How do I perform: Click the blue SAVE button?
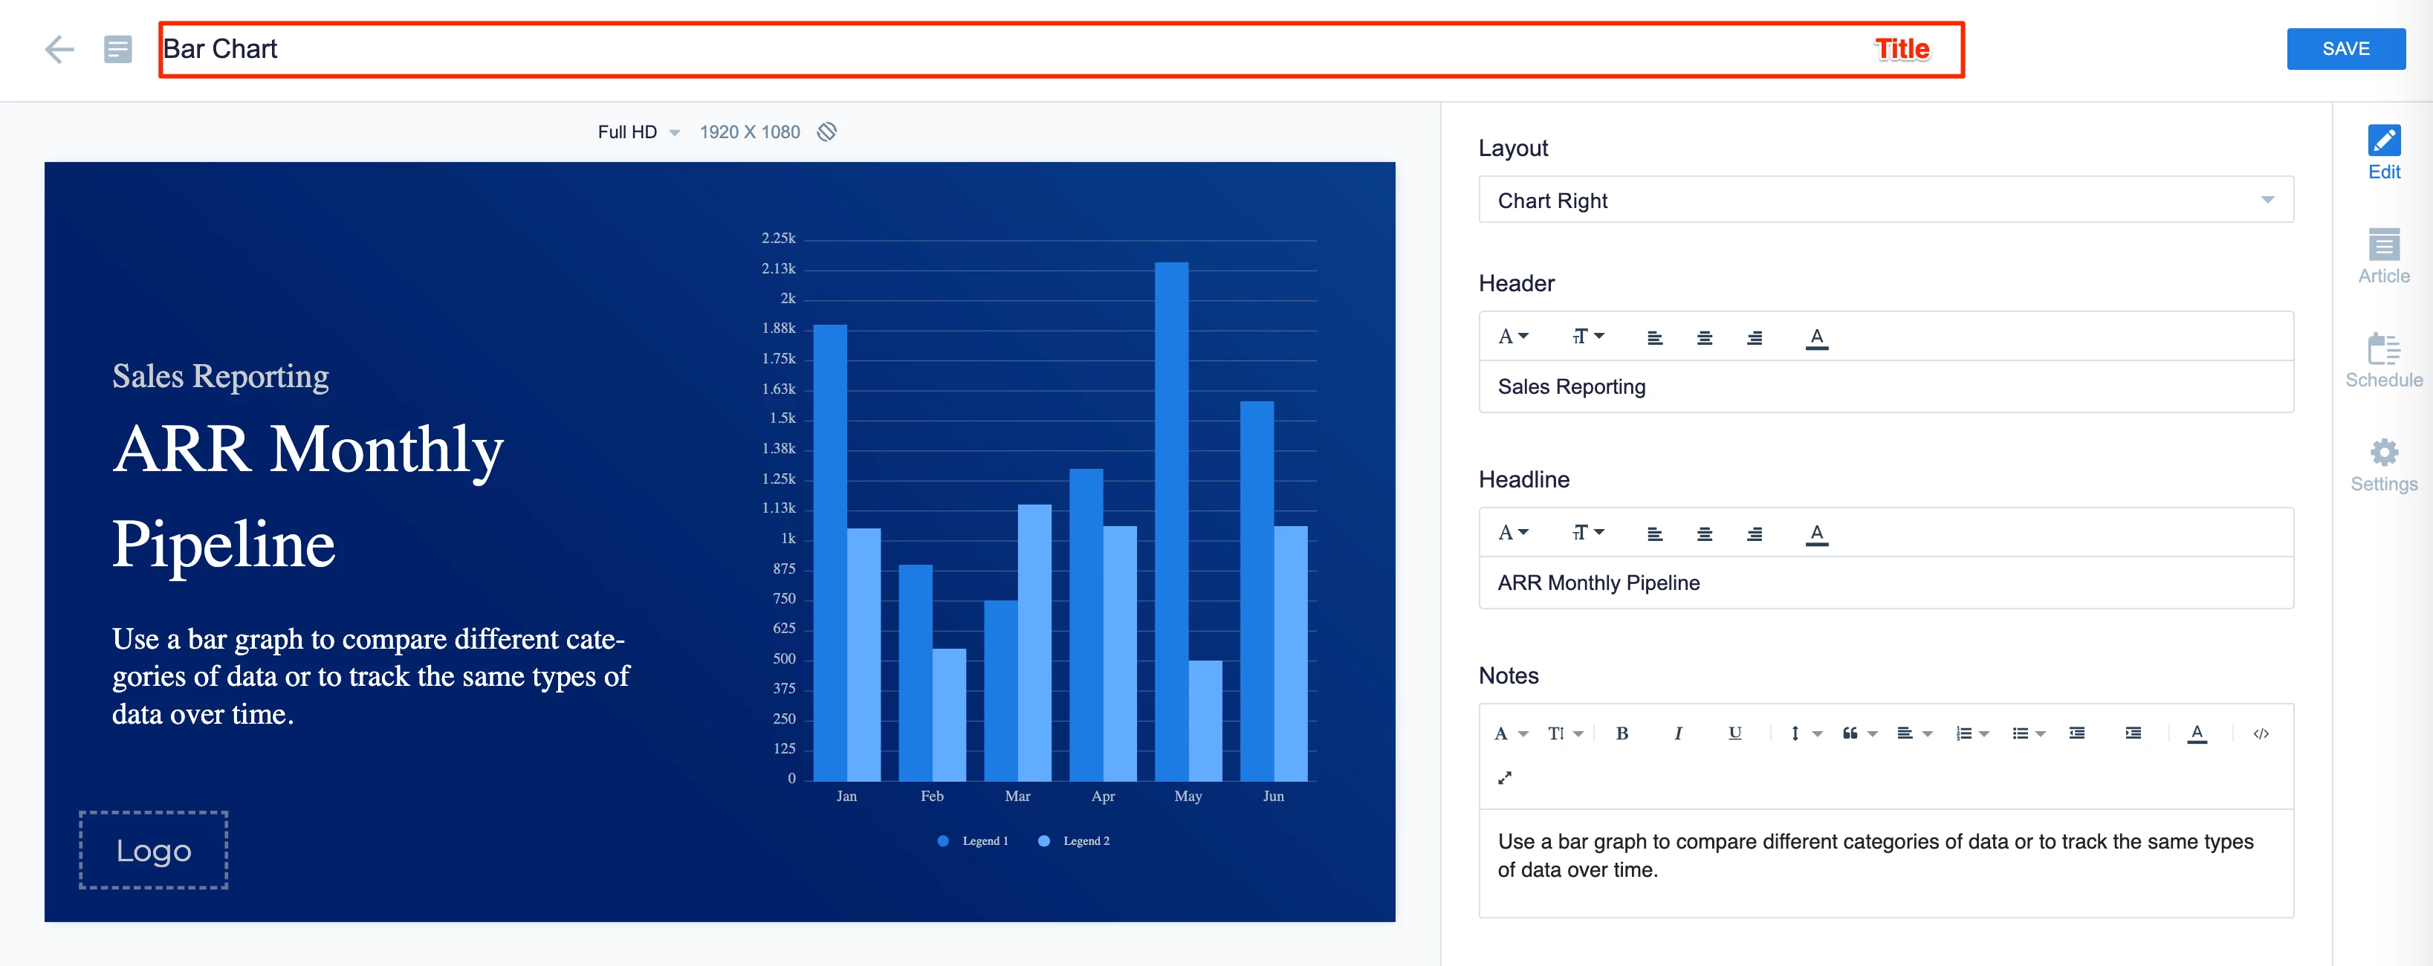(x=2345, y=48)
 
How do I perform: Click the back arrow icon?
(x=59, y=49)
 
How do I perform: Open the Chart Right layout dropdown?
(x=1885, y=200)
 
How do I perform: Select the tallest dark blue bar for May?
(x=1170, y=519)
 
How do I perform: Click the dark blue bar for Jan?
(x=829, y=552)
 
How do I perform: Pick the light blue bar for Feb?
(x=948, y=714)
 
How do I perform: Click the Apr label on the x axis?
(x=1102, y=796)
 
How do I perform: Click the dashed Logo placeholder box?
(x=153, y=850)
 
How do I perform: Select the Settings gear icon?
(x=2383, y=453)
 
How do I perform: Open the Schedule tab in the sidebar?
(x=2383, y=360)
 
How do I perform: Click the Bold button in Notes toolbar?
(x=1622, y=733)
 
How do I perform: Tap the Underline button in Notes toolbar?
(x=1734, y=733)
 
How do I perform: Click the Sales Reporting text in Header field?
(x=1571, y=387)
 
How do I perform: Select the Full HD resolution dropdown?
(x=638, y=132)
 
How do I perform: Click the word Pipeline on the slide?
(x=224, y=545)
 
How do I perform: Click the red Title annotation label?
(x=1901, y=49)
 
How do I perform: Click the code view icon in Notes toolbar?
(x=2260, y=733)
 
